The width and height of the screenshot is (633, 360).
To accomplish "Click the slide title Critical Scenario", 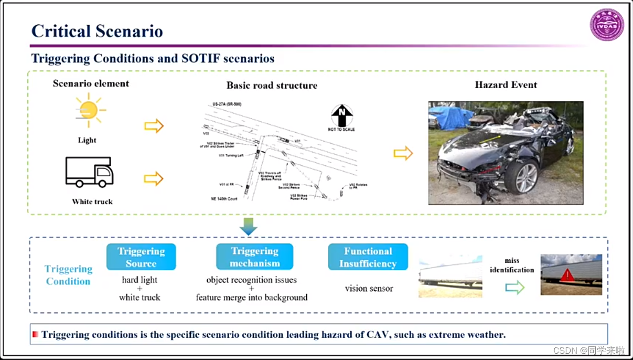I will coord(97,31).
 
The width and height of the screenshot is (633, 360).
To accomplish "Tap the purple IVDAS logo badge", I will coord(607,25).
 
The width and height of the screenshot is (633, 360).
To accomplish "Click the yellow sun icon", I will coord(89,110).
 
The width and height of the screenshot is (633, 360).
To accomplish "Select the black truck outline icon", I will coord(89,172).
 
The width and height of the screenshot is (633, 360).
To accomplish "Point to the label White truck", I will coord(92,202).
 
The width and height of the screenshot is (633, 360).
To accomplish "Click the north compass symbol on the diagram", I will coord(341,115).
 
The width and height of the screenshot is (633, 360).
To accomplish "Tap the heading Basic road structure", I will coord(272,86).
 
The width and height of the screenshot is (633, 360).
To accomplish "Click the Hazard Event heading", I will coord(506,84).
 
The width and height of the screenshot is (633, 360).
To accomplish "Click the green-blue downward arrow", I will coord(248,226).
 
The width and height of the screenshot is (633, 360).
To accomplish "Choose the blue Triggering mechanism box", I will coord(254,257).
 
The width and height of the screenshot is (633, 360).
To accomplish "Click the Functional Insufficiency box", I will coord(368,257).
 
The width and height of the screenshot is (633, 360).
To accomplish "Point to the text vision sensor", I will coord(369,288).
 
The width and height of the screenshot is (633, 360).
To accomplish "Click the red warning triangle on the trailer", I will coord(567,276).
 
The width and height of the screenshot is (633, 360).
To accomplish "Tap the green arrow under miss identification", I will coord(514,287).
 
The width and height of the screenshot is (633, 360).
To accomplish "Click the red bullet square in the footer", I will coord(36,334).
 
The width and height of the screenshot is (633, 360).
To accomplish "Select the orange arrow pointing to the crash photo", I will coord(403,153).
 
